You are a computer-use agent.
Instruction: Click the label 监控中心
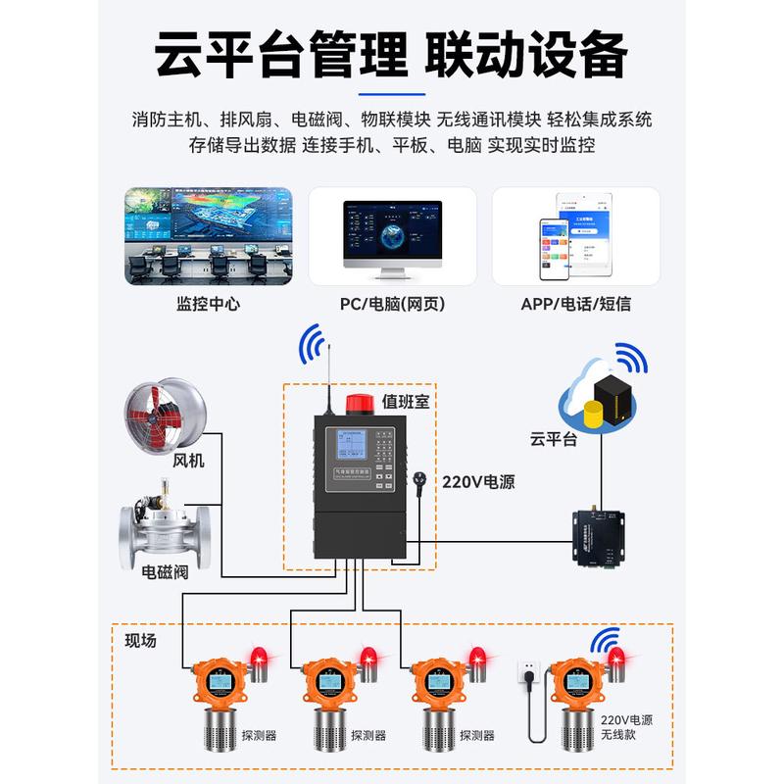[208, 304]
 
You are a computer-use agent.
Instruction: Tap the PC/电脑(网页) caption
[392, 304]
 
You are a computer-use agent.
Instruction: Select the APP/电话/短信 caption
[575, 304]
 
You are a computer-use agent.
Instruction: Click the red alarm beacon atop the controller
[356, 404]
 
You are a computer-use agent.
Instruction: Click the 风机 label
[188, 460]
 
